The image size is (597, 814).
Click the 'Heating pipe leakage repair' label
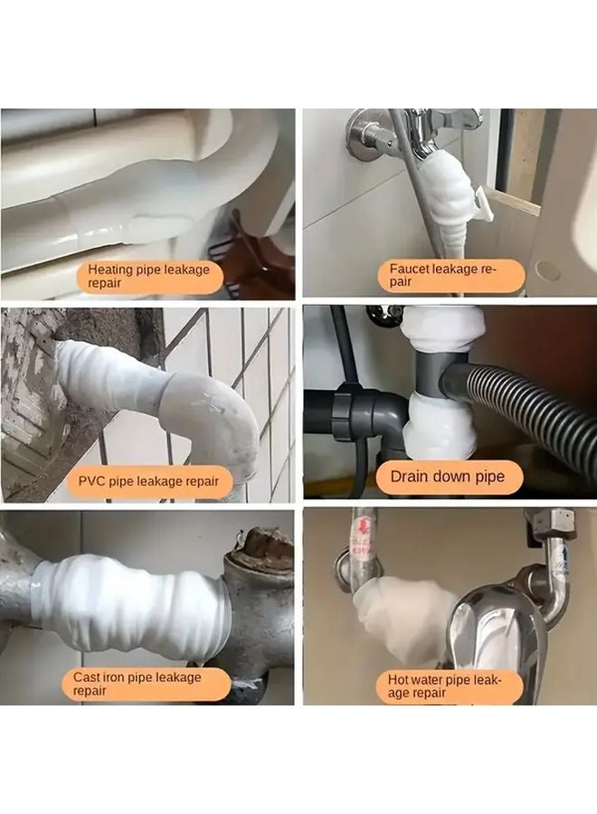coord(148,276)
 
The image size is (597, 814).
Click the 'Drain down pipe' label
coord(448,476)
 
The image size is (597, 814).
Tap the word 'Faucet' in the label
coord(410,269)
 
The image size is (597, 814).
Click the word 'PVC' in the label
coord(92,481)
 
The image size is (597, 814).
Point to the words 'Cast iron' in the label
coord(101,677)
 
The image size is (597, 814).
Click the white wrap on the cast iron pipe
coord(136,601)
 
